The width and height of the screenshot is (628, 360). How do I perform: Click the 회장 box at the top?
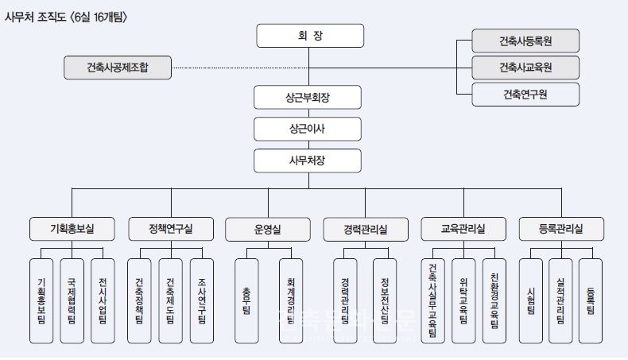(x=309, y=36)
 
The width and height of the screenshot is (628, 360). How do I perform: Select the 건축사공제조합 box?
(x=118, y=68)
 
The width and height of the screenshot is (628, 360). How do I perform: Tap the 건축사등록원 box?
(x=525, y=41)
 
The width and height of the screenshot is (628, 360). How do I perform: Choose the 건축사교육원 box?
(x=525, y=68)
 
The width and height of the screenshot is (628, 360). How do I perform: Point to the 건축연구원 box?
(x=525, y=95)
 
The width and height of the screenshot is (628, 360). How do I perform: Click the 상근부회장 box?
(x=309, y=98)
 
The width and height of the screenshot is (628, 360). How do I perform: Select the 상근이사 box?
(x=309, y=129)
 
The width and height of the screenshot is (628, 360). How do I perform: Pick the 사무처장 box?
(x=309, y=161)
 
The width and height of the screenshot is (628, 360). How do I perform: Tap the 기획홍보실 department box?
(x=73, y=229)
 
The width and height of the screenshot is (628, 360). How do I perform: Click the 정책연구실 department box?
(x=171, y=229)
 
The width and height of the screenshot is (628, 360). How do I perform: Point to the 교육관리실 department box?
(x=463, y=229)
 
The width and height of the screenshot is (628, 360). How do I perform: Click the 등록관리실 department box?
(x=561, y=229)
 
